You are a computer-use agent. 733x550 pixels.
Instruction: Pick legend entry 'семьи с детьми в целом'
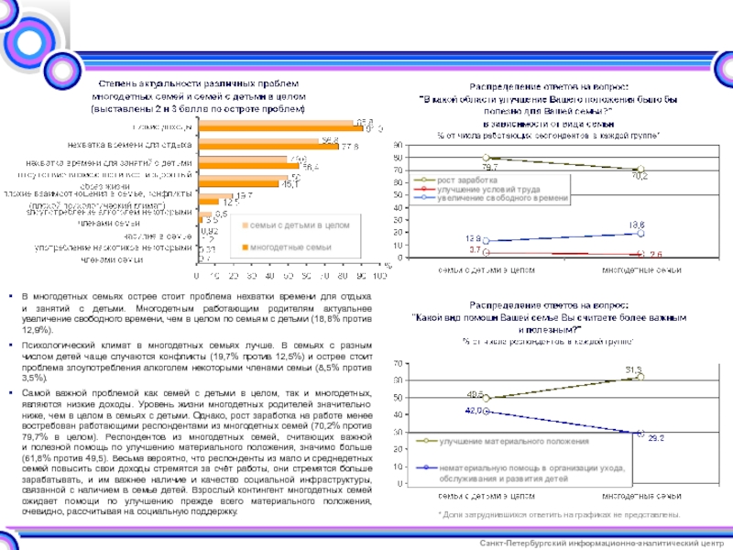pyautogui.click(x=288, y=225)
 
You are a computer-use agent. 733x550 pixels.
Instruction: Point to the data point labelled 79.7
pyautogui.click(x=487, y=159)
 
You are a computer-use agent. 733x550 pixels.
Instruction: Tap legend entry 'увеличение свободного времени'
pyautogui.click(x=495, y=198)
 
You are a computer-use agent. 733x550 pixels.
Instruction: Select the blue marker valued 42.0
pyautogui.click(x=487, y=412)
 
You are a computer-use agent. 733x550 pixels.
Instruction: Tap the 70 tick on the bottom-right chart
pyautogui.click(x=397, y=364)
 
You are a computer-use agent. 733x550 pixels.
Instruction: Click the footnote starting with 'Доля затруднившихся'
pyautogui.click(x=558, y=516)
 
